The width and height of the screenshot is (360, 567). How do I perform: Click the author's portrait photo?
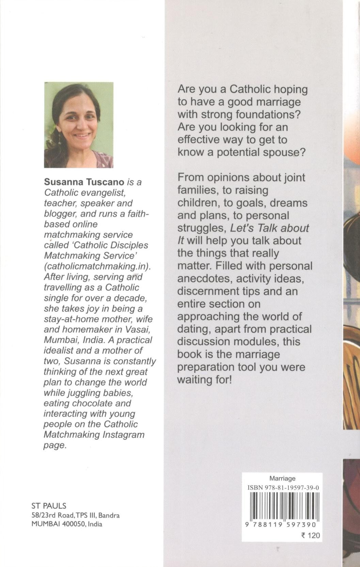point(79,125)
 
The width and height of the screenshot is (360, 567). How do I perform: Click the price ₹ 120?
point(310,535)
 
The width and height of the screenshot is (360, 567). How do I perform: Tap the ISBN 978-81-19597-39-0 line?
point(283,488)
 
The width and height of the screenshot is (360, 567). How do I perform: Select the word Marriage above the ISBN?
point(282,479)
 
